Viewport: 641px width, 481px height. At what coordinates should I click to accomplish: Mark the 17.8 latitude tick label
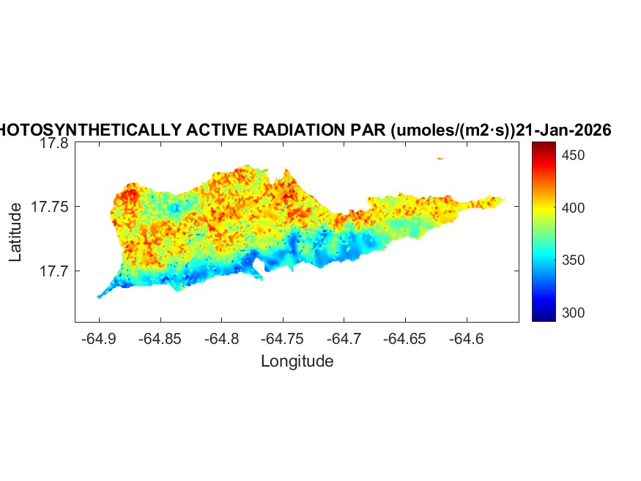(53, 144)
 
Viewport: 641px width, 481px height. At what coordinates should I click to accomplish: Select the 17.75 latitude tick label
(50, 208)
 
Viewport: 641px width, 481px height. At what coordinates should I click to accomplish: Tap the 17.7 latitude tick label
(53, 271)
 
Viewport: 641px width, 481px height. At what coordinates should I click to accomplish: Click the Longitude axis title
(297, 361)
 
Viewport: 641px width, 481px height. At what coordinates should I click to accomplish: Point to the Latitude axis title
(15, 233)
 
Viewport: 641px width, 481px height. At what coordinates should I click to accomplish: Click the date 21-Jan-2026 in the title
(563, 130)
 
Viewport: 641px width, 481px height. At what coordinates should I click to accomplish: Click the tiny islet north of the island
(440, 158)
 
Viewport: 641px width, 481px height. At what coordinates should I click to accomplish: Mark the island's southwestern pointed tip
(99, 296)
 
